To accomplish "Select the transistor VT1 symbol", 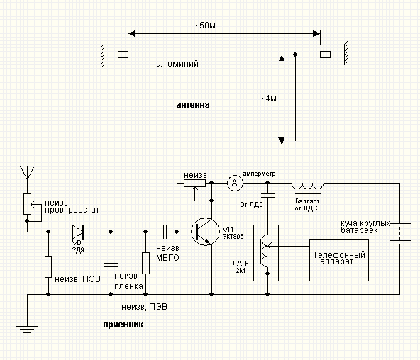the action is pyautogui.click(x=205, y=232).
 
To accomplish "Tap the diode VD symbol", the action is pyautogui.click(x=78, y=232).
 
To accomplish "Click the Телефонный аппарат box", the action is pyautogui.click(x=339, y=259).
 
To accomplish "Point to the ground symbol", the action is pyautogui.click(x=27, y=330).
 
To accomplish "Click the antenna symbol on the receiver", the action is pyautogui.click(x=27, y=173).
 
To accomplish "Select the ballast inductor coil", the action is pyautogui.click(x=307, y=186).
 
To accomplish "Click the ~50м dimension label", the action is pyautogui.click(x=205, y=26).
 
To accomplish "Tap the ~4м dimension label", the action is pyautogui.click(x=268, y=99).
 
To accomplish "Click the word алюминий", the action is pyautogui.click(x=177, y=64).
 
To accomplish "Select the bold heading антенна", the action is pyautogui.click(x=193, y=105).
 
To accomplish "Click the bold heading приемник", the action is pyautogui.click(x=123, y=325).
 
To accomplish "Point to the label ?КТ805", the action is pyautogui.click(x=233, y=237).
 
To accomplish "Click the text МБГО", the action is pyautogui.click(x=167, y=258).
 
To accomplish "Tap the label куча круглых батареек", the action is pyautogui.click(x=365, y=227).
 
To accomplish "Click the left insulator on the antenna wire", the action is pyautogui.click(x=123, y=55).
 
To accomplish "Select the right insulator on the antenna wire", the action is pyautogui.click(x=325, y=55).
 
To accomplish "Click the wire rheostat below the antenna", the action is pyautogui.click(x=28, y=204).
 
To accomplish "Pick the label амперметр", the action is pyautogui.click(x=259, y=174).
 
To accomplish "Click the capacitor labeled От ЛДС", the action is pyautogui.click(x=267, y=196).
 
